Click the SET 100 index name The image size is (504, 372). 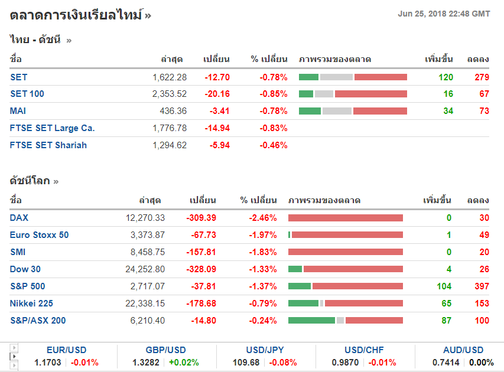[x=27, y=94]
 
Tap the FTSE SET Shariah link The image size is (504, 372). [x=48, y=145]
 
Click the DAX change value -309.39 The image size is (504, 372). [x=201, y=218]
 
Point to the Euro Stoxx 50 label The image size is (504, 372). [x=39, y=235]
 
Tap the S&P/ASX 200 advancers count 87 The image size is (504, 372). [x=446, y=321]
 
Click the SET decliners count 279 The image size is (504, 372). [x=481, y=77]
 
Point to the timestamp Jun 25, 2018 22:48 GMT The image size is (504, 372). [x=444, y=14]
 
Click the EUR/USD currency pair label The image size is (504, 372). [x=66, y=350]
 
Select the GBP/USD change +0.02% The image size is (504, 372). [x=184, y=363]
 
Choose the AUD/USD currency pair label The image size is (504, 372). [x=463, y=350]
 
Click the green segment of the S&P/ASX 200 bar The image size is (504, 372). [x=311, y=321]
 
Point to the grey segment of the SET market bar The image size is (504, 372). [x=336, y=77]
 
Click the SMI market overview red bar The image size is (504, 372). [x=346, y=252]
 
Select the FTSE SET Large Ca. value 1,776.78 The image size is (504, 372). [x=170, y=128]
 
